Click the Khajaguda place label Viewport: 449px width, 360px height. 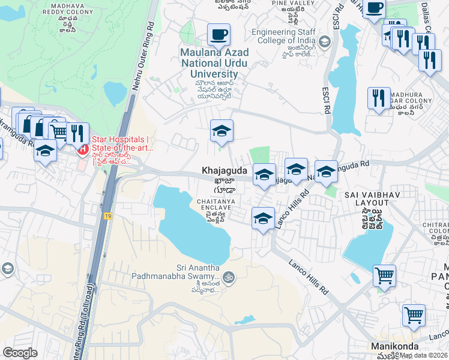223,171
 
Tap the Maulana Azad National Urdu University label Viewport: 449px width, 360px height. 214,62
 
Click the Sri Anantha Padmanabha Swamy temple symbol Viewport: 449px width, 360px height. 228,277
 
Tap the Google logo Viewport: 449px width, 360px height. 20,353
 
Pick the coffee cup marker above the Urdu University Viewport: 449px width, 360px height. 218,34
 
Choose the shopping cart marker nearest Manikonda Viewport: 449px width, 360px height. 414,315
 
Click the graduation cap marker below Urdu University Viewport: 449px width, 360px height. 221,131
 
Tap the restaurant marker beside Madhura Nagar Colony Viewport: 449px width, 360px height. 379,98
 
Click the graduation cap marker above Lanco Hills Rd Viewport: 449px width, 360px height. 263,218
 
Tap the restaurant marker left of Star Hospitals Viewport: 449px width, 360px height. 77,133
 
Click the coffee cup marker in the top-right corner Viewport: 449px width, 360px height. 374,9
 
